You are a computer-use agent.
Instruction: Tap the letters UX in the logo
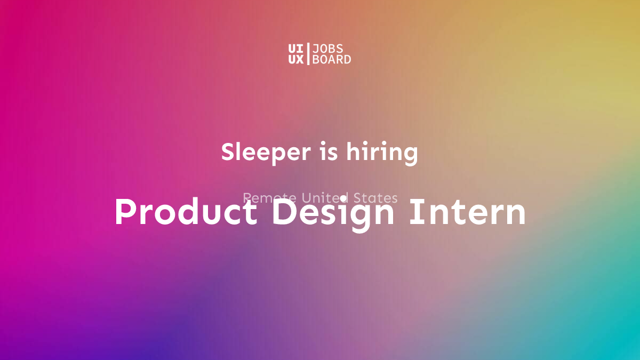(295, 60)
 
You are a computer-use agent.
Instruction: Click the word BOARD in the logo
(332, 60)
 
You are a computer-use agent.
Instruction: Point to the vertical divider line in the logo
(308, 54)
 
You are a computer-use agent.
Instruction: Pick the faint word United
(325, 198)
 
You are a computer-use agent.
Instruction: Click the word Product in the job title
(185, 212)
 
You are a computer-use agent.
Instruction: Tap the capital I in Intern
(413, 212)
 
